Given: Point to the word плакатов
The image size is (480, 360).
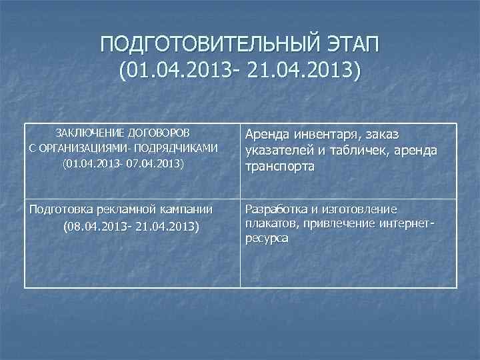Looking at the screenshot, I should [x=271, y=223].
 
